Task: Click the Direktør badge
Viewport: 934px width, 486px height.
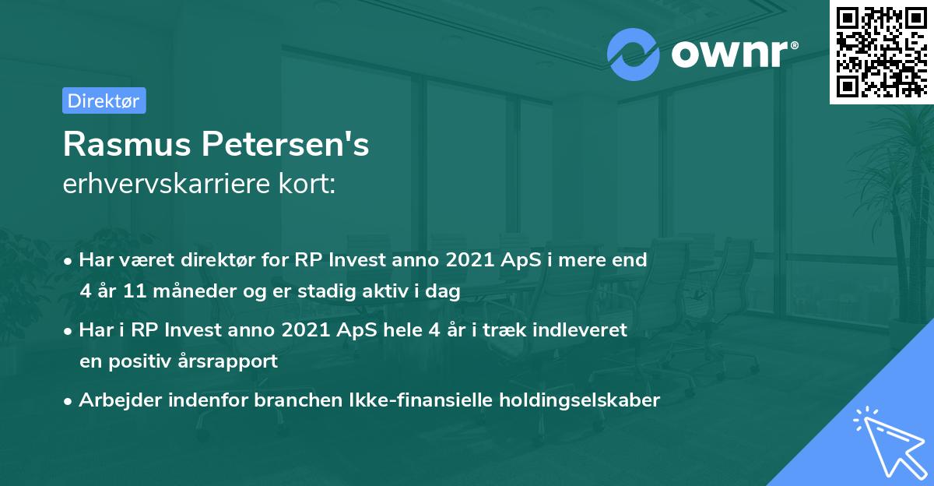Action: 104,100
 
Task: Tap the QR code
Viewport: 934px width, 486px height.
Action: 881,51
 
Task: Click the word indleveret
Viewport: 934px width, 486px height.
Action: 578,330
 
